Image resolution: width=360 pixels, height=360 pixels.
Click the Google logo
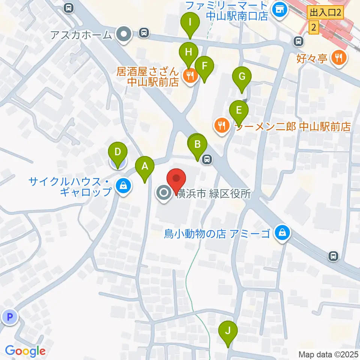25,351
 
